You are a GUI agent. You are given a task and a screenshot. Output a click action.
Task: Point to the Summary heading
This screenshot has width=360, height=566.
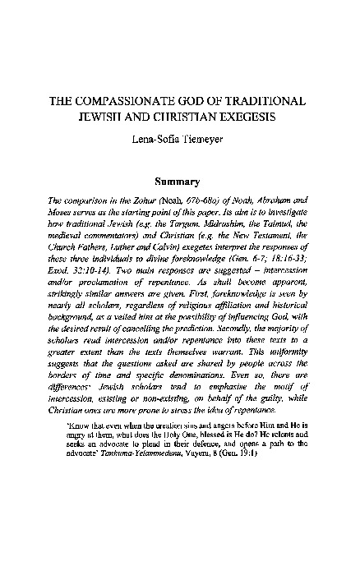179,181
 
